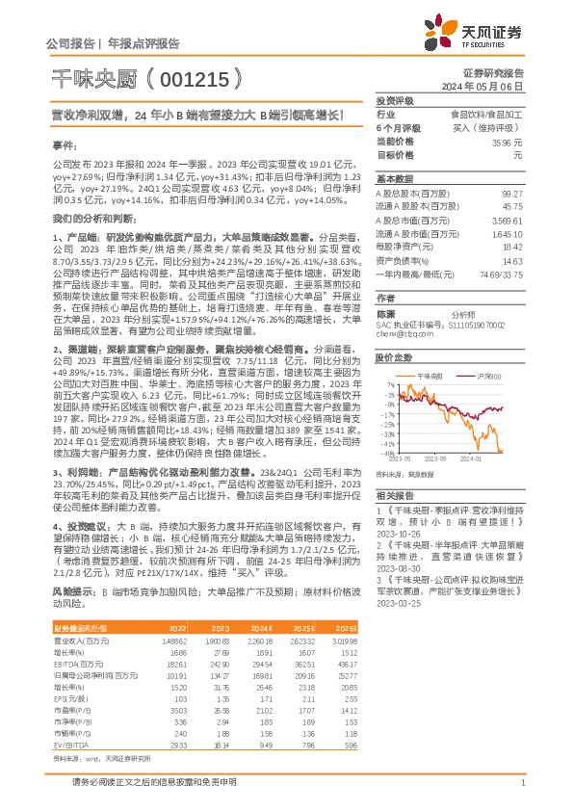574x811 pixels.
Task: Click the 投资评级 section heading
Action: [395, 100]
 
